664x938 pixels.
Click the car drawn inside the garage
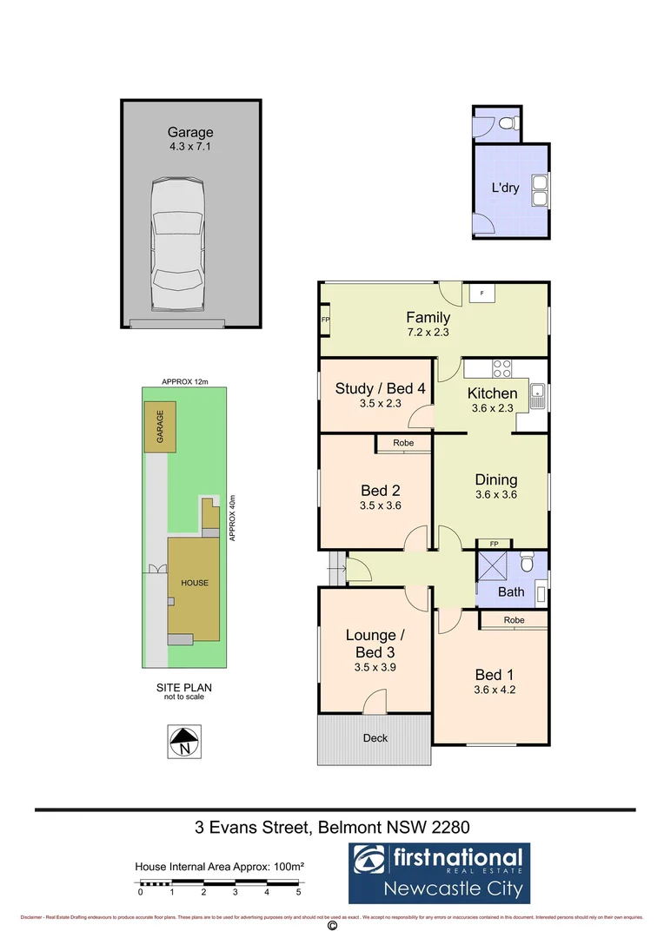(x=176, y=245)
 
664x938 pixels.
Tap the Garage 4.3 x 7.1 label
(x=190, y=139)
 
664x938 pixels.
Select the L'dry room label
(x=505, y=187)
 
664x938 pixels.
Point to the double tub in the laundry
(x=541, y=191)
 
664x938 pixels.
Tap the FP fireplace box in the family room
(x=325, y=320)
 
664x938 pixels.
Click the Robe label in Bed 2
(x=402, y=443)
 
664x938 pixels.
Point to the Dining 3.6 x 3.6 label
(x=496, y=486)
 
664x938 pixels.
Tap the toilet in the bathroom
(x=525, y=564)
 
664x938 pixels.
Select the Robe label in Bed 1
(x=513, y=621)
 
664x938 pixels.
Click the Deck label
(x=375, y=738)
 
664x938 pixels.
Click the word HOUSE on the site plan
(x=195, y=583)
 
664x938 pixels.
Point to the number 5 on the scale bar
(x=298, y=892)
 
